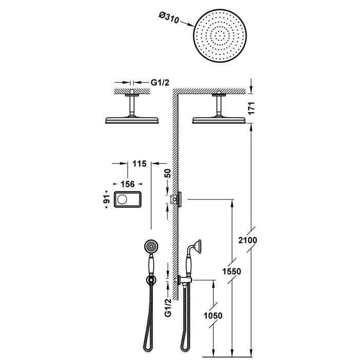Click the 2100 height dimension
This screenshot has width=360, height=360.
coord(247,241)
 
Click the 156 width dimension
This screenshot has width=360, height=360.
coord(127,184)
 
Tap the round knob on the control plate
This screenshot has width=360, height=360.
coord(123,199)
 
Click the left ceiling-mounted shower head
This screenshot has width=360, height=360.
coord(133,120)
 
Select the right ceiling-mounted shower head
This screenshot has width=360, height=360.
coord(221,120)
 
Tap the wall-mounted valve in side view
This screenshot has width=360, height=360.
coord(180,199)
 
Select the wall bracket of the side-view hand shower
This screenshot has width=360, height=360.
coord(183,280)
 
